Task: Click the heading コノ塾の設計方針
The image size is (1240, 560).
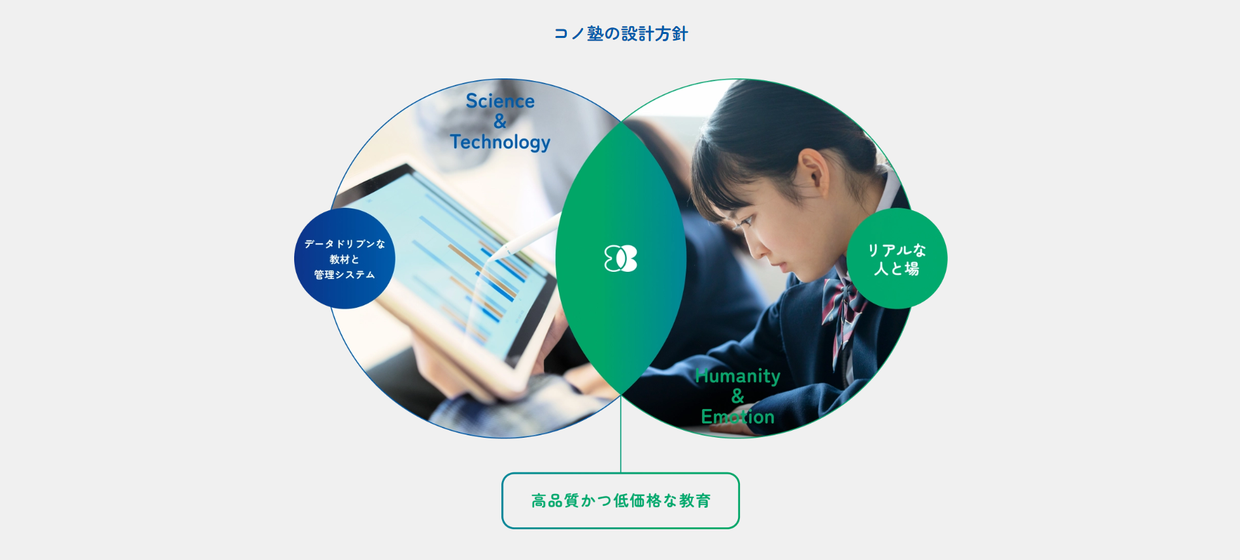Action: click(x=620, y=33)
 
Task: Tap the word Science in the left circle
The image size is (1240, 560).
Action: click(x=500, y=101)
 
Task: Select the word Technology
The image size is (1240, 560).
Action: click(x=500, y=142)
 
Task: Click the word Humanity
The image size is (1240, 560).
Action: click(x=737, y=376)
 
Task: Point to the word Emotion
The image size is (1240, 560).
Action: click(x=737, y=417)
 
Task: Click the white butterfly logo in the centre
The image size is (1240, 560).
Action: click(x=620, y=259)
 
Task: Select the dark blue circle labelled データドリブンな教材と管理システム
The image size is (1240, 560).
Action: click(x=344, y=259)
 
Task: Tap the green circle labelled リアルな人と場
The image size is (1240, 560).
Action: click(x=897, y=259)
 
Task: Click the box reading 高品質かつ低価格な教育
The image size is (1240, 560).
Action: click(x=620, y=501)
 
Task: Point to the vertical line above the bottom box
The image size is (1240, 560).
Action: click(x=620, y=434)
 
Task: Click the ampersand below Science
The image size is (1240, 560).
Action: click(x=500, y=122)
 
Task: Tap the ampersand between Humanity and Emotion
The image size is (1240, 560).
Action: click(x=738, y=396)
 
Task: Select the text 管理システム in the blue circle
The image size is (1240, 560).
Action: click(x=344, y=275)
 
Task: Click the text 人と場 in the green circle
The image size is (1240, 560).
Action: click(x=897, y=269)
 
